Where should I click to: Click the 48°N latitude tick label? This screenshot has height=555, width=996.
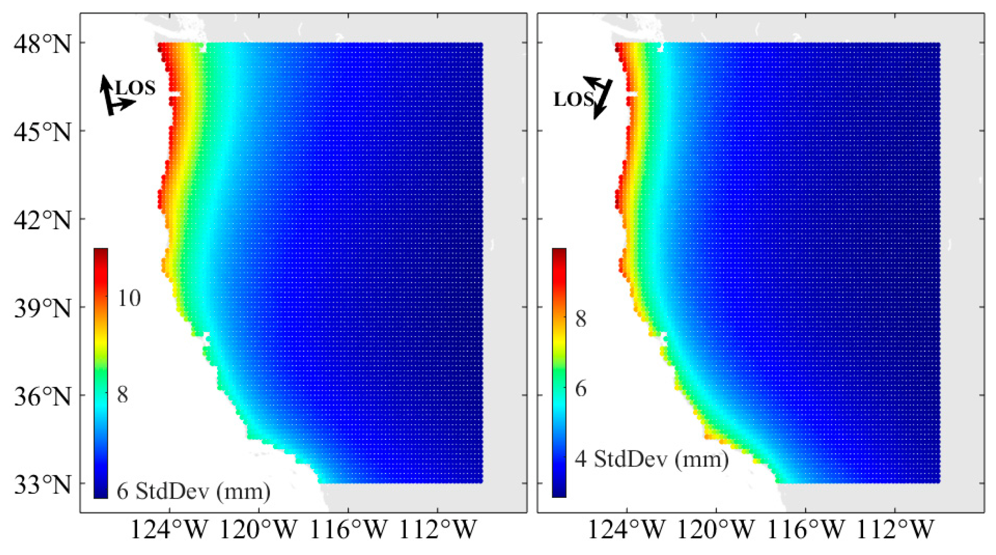click(x=42, y=44)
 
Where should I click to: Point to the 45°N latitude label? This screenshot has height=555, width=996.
click(x=42, y=132)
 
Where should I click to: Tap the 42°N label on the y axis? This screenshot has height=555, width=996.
click(x=42, y=220)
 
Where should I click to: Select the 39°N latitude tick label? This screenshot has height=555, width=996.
click(x=42, y=308)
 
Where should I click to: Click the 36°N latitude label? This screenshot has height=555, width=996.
click(x=42, y=397)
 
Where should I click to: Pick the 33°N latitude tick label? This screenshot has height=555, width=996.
click(x=42, y=485)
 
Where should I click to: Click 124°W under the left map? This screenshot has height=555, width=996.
click(x=169, y=530)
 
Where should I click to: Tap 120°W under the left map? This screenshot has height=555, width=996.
click(x=259, y=530)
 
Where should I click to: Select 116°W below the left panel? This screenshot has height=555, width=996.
click(x=348, y=530)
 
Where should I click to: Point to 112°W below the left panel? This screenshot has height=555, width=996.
click(x=437, y=530)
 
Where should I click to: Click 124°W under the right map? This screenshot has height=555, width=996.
click(x=626, y=530)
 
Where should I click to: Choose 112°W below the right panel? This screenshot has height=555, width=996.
click(x=894, y=530)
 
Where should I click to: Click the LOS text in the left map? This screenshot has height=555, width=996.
click(x=135, y=88)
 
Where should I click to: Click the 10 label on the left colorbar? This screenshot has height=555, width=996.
click(x=129, y=298)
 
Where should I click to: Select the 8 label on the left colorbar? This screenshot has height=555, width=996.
click(x=123, y=395)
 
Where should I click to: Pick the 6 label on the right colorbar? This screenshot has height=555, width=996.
click(x=581, y=389)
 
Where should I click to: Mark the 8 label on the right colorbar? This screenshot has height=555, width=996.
click(x=581, y=319)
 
